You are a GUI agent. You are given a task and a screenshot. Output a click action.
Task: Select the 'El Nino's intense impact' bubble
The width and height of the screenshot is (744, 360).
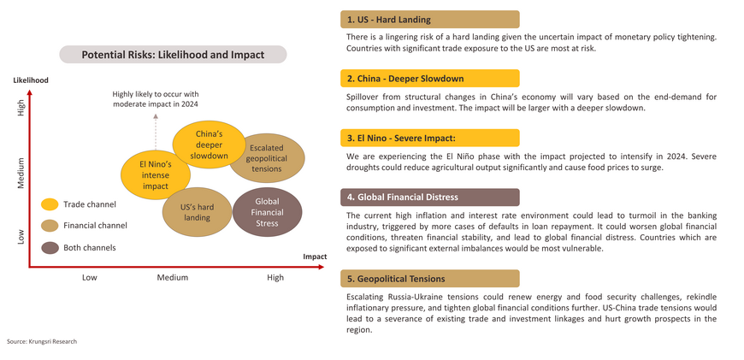[x=156, y=174]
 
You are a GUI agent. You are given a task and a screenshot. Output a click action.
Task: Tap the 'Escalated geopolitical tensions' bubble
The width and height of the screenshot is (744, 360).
[x=267, y=158]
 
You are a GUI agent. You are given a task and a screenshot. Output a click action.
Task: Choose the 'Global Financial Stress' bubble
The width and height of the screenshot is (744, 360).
[x=267, y=212]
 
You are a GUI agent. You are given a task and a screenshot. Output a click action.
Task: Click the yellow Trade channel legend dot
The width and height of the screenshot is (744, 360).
[x=50, y=204]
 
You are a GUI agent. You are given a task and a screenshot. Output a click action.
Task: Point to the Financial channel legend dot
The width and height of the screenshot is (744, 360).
[x=50, y=226]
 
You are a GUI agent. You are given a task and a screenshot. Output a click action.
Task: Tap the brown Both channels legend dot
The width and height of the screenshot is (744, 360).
[x=50, y=248]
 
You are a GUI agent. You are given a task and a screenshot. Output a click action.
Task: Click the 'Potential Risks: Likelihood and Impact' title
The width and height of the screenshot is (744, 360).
[x=173, y=55]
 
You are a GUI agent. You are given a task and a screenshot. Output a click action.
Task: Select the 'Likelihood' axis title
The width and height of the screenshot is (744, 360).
[x=31, y=80]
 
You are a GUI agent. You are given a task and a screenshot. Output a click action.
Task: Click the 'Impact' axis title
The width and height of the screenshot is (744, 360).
[x=315, y=257]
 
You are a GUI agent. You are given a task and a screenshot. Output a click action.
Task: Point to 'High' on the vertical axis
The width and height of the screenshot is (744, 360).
[x=21, y=107]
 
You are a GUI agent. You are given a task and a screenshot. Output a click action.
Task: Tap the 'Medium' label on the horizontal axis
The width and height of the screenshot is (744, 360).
[x=172, y=277]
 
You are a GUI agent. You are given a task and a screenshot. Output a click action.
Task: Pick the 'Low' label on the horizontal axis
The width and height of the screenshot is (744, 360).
[x=89, y=277]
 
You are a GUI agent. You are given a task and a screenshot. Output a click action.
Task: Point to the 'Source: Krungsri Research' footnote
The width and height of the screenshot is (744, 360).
[x=42, y=341]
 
